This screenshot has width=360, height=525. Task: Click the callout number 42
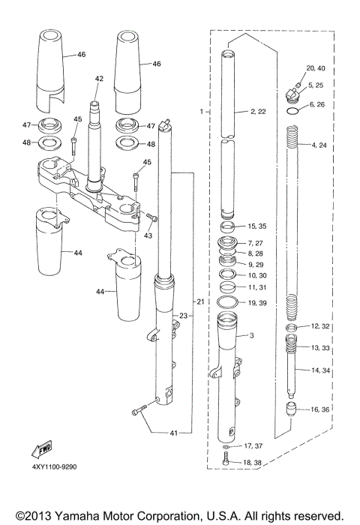point(99,78)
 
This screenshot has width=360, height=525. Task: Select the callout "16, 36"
point(321,409)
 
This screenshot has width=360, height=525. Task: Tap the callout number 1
point(201,111)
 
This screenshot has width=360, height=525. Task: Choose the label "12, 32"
point(321,327)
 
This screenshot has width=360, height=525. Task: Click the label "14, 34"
point(321,370)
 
